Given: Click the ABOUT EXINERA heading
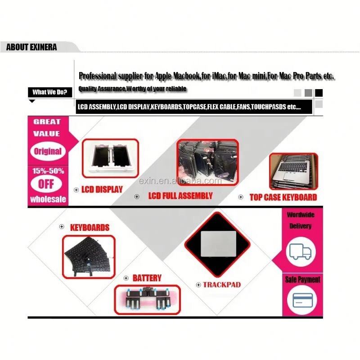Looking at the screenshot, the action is point(31,47).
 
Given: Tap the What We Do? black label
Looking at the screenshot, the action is point(49,92).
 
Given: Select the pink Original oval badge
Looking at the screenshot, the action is point(48,151).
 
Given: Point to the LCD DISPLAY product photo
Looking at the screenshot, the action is point(110,160).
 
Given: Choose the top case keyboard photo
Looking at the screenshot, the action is point(293,171).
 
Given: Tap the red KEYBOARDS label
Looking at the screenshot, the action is point(90,227).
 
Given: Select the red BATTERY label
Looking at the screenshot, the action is point(147,278).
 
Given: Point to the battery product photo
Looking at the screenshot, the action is point(147,299).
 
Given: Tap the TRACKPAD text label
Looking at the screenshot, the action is point(221,284).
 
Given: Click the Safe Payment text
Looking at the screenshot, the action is point(302,279).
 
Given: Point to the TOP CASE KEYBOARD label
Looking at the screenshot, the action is point(283,197).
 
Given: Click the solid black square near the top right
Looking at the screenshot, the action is point(319,93).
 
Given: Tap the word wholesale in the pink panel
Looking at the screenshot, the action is point(48,199).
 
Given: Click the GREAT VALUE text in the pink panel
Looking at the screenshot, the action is point(47,127).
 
